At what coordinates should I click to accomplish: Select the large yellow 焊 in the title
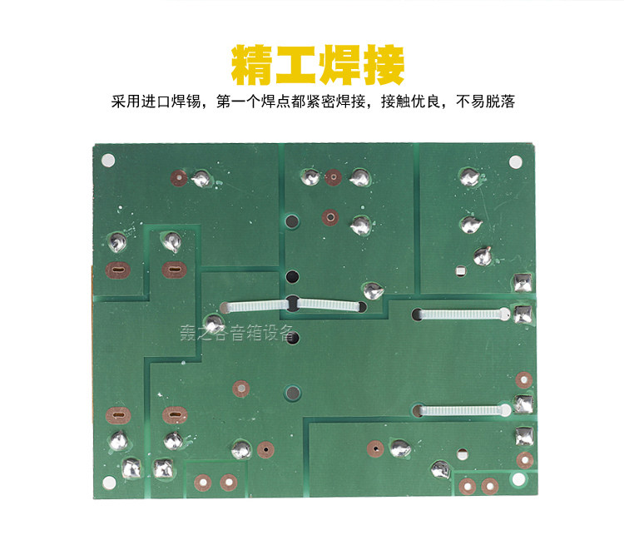338,65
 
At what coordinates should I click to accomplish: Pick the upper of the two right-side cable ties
463,315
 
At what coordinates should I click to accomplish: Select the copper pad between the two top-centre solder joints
333,177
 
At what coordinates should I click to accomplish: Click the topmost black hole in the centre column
292,222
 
